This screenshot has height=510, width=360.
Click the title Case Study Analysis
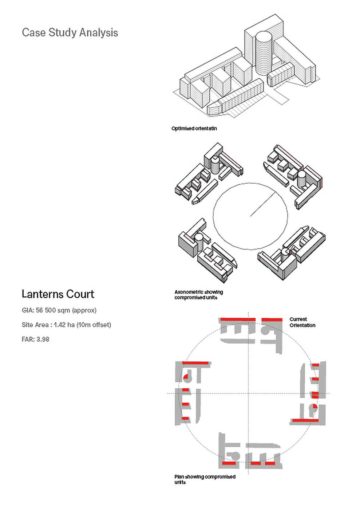tap(70, 32)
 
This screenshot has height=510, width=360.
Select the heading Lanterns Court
tap(58, 294)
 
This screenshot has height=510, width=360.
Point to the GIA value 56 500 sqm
tap(53, 310)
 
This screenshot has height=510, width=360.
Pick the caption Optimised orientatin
tap(194, 128)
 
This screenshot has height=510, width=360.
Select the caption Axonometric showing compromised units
tap(199, 295)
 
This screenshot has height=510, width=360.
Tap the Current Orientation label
tap(302, 322)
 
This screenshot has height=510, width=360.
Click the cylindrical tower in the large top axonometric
tap(264, 54)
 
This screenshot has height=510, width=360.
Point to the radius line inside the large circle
tap(263, 204)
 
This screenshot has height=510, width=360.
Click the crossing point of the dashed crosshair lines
tap(248, 393)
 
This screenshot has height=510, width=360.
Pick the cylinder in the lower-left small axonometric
tap(199, 241)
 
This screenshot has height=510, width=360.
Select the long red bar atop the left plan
tap(195, 363)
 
